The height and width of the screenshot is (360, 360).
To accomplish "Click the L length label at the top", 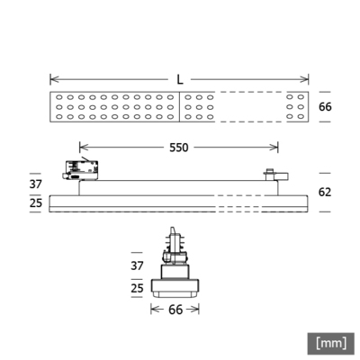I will coord(180,78).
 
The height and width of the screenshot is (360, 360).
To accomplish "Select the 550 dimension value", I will coord(179,147).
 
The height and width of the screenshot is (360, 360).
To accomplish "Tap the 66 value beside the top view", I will coord(326,107).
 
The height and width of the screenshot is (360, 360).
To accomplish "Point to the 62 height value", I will coord(326,192).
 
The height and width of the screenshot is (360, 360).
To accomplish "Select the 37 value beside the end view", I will coord(137,267).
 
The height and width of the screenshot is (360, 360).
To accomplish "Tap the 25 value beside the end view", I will coord(137,287).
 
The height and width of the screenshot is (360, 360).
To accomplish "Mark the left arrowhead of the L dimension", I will coord(52,78).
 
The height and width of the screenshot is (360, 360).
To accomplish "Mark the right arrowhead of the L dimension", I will coord(308,78).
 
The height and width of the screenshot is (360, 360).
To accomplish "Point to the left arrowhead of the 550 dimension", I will coord(83,147).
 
